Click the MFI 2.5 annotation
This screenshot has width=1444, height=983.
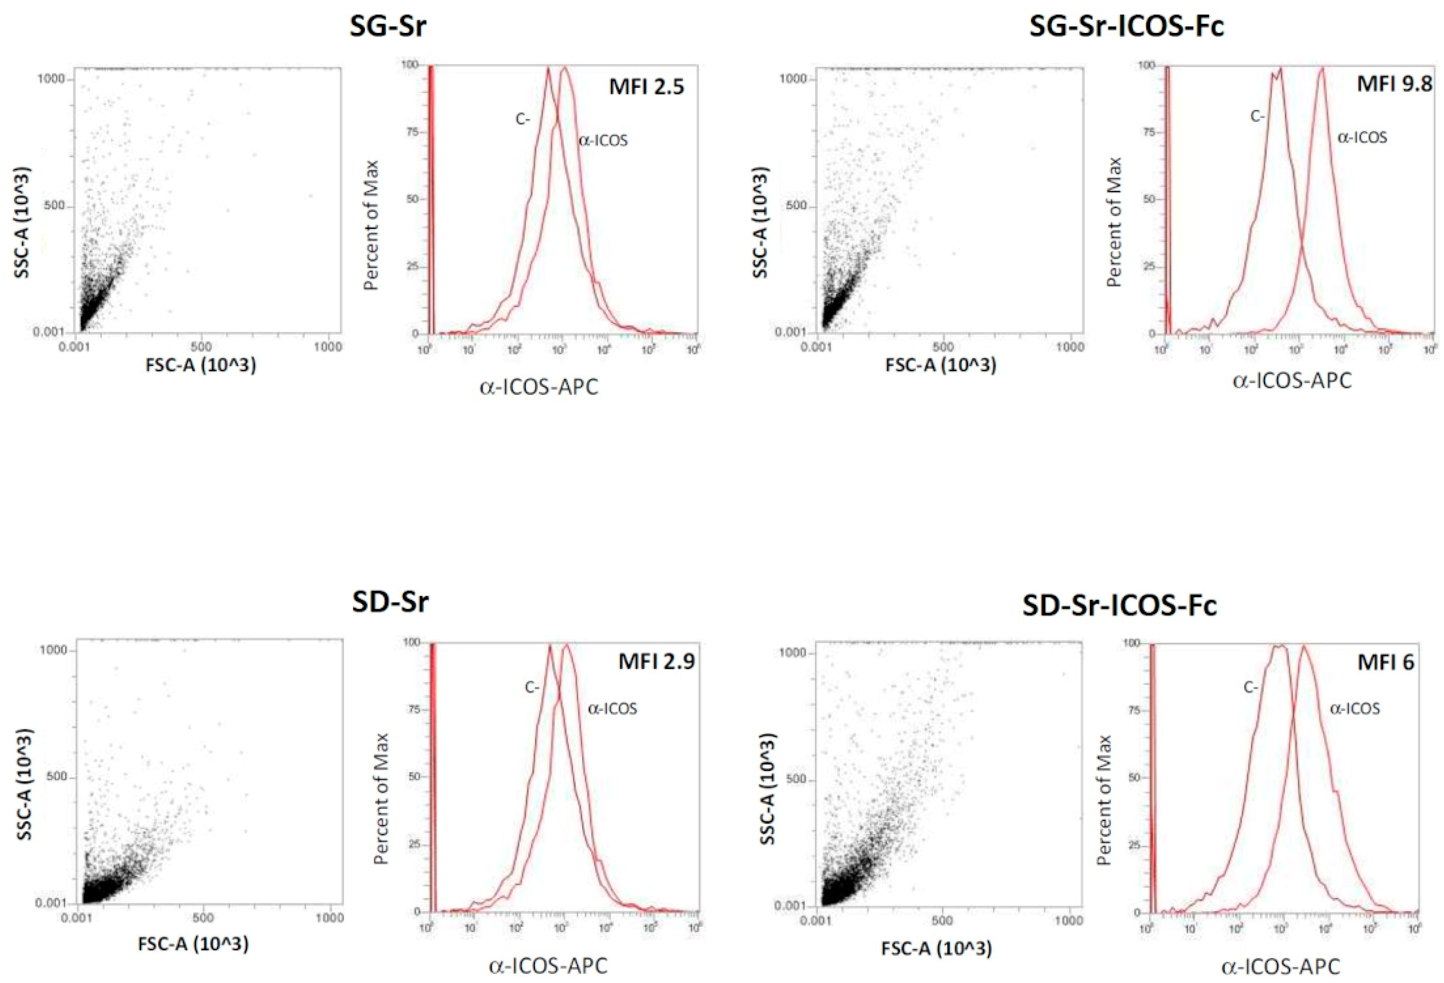646,86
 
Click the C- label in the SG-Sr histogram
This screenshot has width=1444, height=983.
522,119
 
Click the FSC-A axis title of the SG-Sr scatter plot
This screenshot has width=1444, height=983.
201,365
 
